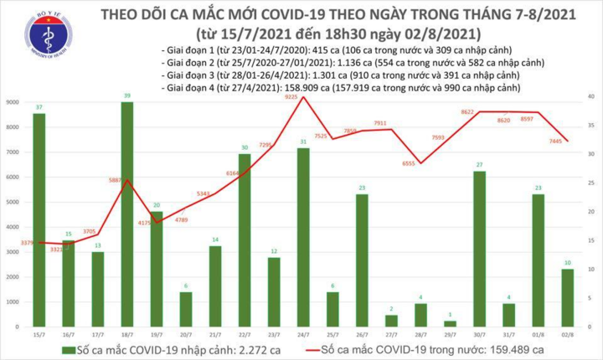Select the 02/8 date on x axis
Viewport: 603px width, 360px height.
point(568,334)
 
